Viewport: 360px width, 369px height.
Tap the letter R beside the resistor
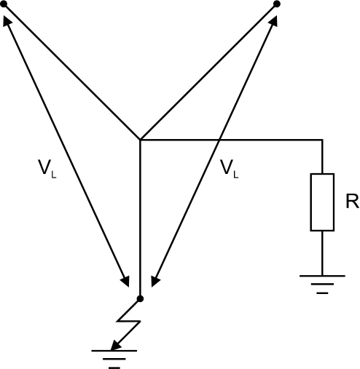coord(353,202)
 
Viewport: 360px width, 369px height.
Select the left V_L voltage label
coord(47,169)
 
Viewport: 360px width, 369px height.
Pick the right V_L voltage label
coord(230,169)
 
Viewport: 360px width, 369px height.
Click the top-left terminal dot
coord(4,4)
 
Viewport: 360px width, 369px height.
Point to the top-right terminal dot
coord(277,4)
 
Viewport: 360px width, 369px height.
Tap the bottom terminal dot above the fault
coord(140,298)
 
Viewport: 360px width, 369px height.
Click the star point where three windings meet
coord(140,140)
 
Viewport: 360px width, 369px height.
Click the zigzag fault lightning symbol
coord(129,322)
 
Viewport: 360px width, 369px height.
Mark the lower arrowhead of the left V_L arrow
coord(125,282)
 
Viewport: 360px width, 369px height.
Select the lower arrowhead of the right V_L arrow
coord(155,282)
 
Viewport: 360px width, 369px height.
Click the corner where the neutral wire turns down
coord(322,140)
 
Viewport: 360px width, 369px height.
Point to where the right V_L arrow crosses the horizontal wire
coord(219,140)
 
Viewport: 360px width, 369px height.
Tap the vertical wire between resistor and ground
coord(322,253)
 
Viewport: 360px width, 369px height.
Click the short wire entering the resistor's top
coord(322,156)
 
